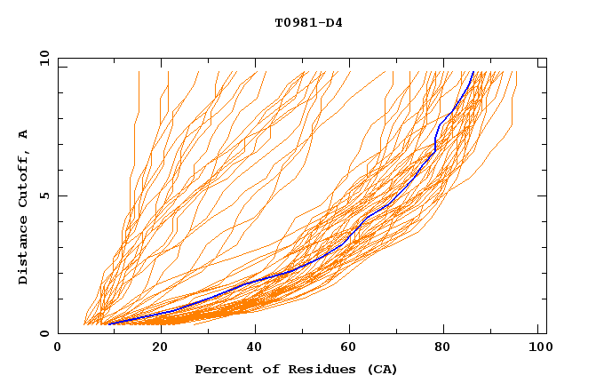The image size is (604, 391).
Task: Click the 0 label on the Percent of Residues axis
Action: pyautogui.click(x=58, y=348)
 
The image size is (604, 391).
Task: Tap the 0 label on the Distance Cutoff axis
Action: pyautogui.click(x=44, y=334)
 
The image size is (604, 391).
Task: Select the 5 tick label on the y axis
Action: pyautogui.click(x=44, y=195)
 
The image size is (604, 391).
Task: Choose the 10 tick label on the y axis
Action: pyautogui.click(x=41, y=58)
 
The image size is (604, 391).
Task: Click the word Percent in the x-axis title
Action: pyautogui.click(x=223, y=369)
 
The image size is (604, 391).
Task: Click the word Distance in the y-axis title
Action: pyautogui.click(x=24, y=253)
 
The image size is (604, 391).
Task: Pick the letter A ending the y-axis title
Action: pyautogui.click(x=24, y=134)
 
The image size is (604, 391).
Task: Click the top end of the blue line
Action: pyautogui.click(x=473, y=72)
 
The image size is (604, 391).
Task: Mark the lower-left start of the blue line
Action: pyautogui.click(x=108, y=323)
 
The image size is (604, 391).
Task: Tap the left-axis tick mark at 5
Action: pyautogui.click(x=61, y=195)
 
